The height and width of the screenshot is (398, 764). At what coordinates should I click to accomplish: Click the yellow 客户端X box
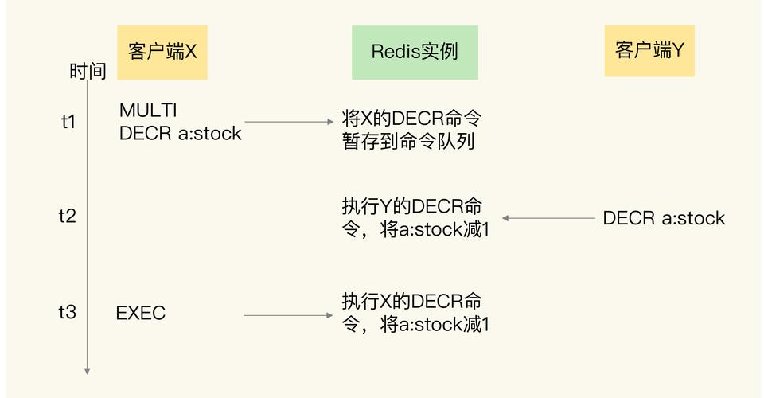pos(162,52)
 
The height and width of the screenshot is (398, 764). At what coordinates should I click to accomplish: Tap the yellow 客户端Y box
pos(649,50)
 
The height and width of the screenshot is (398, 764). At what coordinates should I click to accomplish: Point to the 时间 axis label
pos(88,72)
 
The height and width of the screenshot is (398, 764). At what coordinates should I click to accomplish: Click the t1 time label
pos(68,122)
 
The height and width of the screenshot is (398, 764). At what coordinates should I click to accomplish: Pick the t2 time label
pos(68,216)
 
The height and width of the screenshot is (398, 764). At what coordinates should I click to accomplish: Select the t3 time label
pos(68,312)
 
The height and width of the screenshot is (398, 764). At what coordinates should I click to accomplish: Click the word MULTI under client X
pos(148,110)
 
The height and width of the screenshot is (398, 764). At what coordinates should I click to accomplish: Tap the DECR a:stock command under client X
pos(180,133)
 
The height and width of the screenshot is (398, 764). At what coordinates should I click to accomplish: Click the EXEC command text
pos(141,314)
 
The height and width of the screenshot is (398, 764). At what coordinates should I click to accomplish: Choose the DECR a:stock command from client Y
pos(664,218)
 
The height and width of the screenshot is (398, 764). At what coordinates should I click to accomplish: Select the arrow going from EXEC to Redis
pos(288,316)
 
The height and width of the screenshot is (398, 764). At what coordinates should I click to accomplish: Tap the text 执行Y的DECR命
pos(411,205)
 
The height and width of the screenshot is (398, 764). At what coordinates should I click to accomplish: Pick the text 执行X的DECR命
pos(411,302)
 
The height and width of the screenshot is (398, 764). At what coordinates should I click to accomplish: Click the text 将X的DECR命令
pos(411,119)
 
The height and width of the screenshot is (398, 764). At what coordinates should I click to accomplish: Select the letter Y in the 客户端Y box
pos(678,50)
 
